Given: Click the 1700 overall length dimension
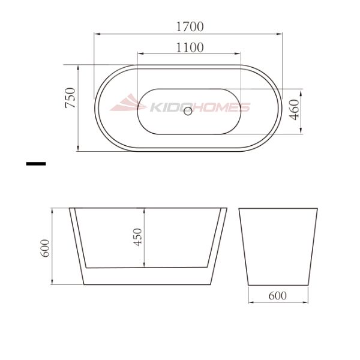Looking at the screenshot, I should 190,27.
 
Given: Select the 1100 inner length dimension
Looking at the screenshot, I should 190,47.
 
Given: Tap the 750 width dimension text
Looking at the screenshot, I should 70,98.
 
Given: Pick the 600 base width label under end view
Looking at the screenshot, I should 277,295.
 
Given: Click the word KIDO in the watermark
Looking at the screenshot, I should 165,108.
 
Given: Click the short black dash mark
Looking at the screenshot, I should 36,163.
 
